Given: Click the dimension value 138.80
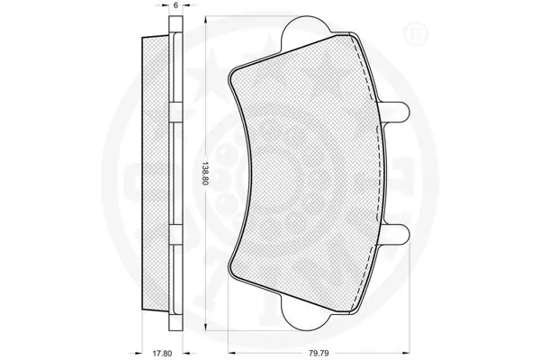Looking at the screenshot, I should click(206, 171).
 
